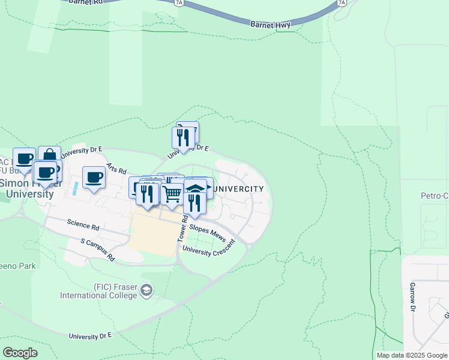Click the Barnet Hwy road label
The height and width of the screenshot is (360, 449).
pyautogui.click(x=270, y=25)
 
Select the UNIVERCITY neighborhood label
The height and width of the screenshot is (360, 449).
pyautogui.click(x=239, y=189)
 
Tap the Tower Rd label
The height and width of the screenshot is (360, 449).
pyautogui.click(x=181, y=229)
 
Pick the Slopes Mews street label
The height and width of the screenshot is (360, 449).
pyautogui.click(x=207, y=229)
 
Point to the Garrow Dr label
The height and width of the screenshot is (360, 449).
pyautogui.click(x=413, y=295)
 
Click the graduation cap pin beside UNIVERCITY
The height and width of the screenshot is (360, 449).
pyautogui.click(x=195, y=188)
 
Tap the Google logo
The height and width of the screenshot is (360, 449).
pyautogui.click(x=20, y=353)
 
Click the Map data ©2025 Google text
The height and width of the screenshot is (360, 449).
pyautogui.click(x=412, y=355)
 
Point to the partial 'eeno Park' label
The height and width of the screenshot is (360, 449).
pyautogui.click(x=18, y=266)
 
